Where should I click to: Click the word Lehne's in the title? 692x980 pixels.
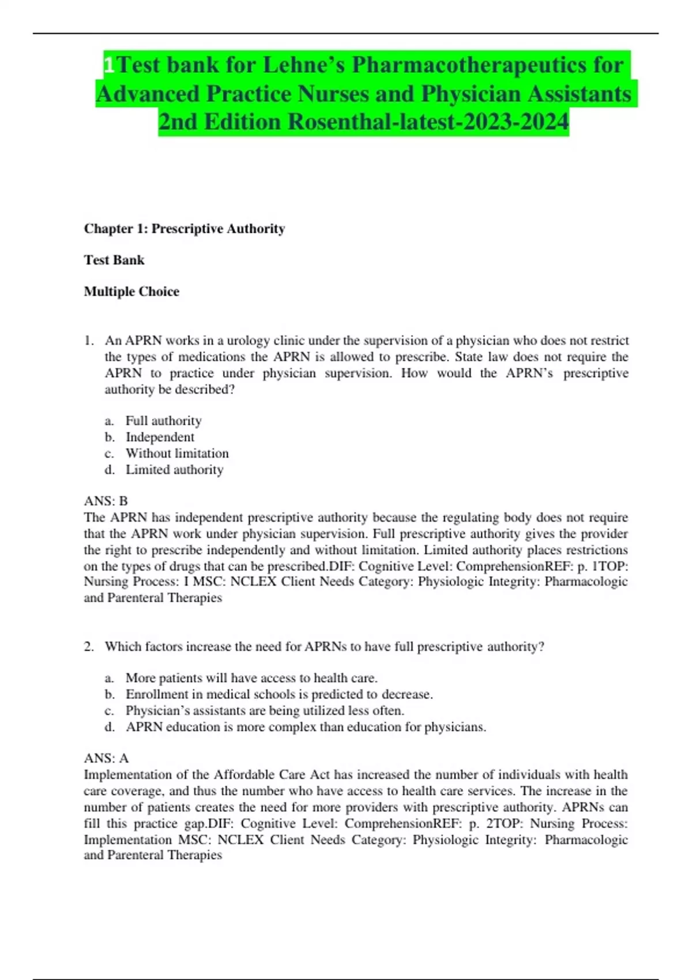pyautogui.click(x=303, y=65)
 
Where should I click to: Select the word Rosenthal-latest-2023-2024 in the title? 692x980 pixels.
pyautogui.click(x=428, y=122)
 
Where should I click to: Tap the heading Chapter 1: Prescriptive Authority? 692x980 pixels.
pyautogui.click(x=185, y=229)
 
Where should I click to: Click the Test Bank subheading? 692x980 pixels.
pyautogui.click(x=114, y=260)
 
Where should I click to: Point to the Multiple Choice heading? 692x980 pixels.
pyautogui.click(x=131, y=292)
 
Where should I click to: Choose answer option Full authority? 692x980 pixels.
pyautogui.click(x=163, y=421)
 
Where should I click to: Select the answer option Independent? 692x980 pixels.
pyautogui.click(x=160, y=437)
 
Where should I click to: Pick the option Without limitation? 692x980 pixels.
pyautogui.click(x=177, y=453)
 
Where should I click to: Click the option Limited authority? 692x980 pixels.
pyautogui.click(x=174, y=470)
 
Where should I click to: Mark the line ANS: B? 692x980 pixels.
pyautogui.click(x=106, y=501)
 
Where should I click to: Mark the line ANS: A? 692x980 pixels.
pyautogui.click(x=106, y=758)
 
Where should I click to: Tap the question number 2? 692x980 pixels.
pyautogui.click(x=89, y=647)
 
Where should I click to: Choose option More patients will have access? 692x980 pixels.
pyautogui.click(x=251, y=678)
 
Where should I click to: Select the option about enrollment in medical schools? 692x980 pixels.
pyautogui.click(x=279, y=694)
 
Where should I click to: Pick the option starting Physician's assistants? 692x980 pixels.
pyautogui.click(x=265, y=710)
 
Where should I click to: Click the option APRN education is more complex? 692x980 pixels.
pyautogui.click(x=306, y=727)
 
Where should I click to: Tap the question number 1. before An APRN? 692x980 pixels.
pyautogui.click(x=89, y=341)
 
